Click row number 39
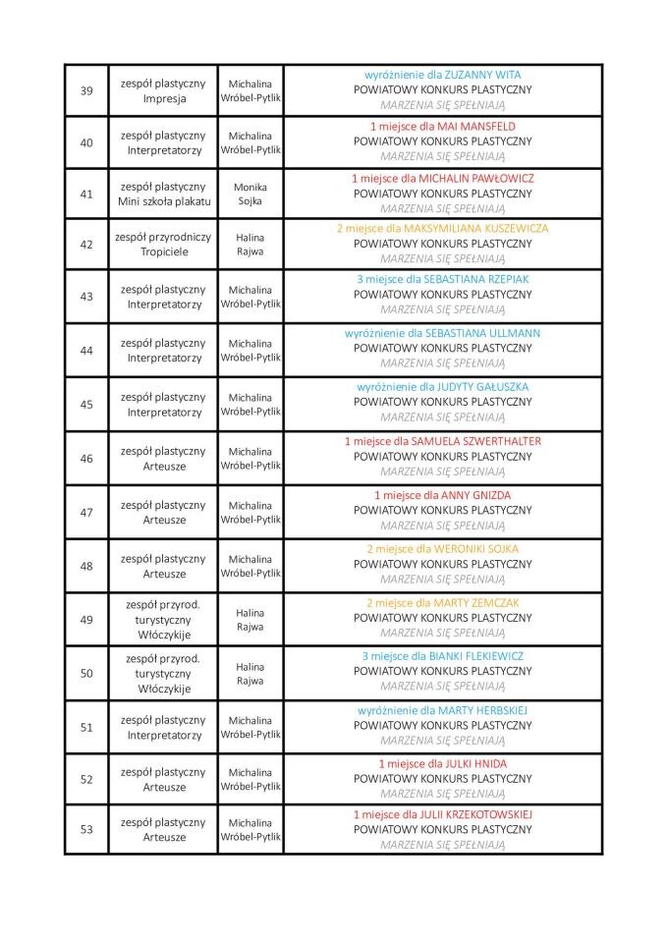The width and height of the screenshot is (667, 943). tap(86, 90)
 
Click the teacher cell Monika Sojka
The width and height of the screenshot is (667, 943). tap(250, 194)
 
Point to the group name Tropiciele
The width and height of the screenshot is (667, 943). tap(163, 251)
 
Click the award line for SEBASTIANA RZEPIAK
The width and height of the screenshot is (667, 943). tap(442, 279)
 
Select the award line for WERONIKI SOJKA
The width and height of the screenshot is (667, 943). tap(442, 549)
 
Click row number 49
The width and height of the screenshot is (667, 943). tap(86, 619)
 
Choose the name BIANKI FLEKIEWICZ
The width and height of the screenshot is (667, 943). tap(474, 655)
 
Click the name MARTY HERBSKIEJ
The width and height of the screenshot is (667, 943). tap(475, 709)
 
